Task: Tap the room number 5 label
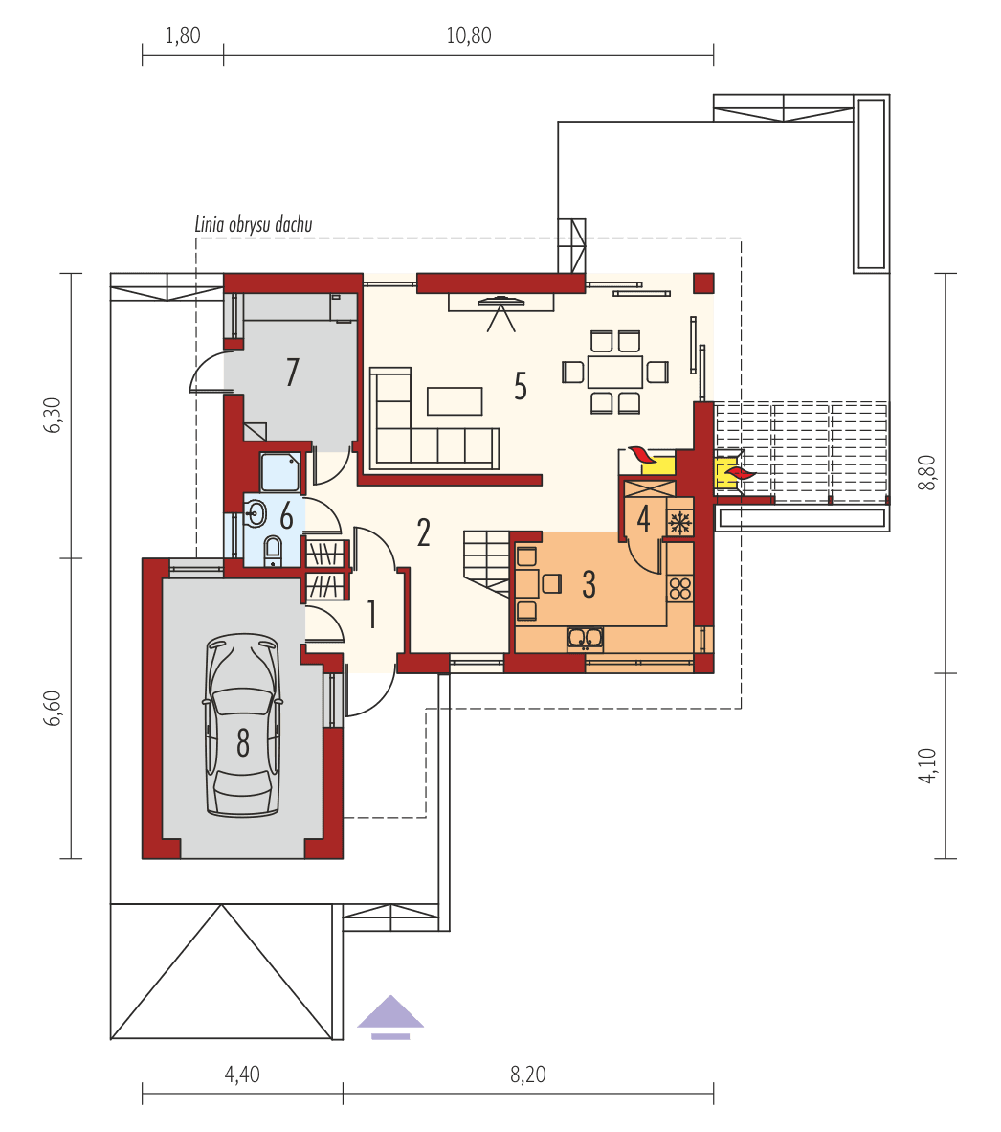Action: coord(520,386)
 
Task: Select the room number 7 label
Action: coord(293,373)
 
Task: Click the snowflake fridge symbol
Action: coord(679,523)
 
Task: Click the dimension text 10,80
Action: coord(468,37)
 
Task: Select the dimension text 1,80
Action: coord(183,37)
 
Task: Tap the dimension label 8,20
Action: coord(527,1075)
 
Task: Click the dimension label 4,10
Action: coord(925,766)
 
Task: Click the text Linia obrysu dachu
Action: coord(254,225)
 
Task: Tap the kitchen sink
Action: coord(585,638)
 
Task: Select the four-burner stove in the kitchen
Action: coord(680,588)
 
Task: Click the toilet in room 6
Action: coord(272,550)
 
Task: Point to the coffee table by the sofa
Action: coord(455,399)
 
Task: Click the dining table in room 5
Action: coord(614,371)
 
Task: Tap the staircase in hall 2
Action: coord(487,561)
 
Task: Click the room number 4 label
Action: coord(643,518)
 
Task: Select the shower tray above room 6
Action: coord(280,472)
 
